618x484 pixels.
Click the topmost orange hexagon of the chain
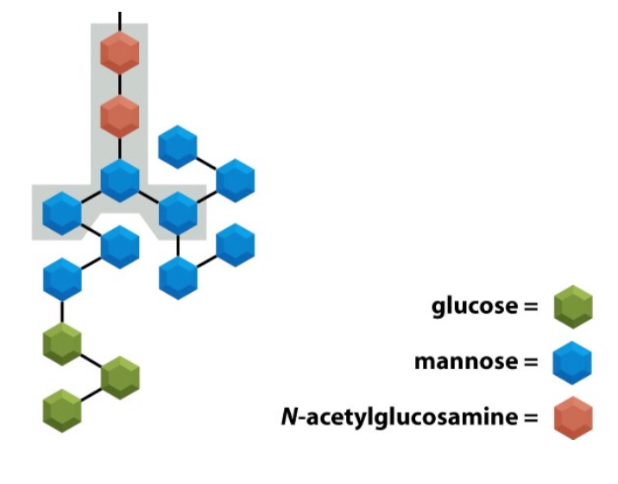click(119, 54)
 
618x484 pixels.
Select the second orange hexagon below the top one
click(119, 114)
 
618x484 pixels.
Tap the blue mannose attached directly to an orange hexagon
click(119, 179)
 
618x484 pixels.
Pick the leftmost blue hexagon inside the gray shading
click(62, 213)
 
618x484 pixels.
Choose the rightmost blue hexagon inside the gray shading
click(179, 211)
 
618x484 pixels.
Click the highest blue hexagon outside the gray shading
click(179, 146)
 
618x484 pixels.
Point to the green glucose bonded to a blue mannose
click(62, 344)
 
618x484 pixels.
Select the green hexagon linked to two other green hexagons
click(119, 377)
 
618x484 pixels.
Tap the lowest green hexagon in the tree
click(62, 410)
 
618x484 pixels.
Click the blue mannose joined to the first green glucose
click(62, 279)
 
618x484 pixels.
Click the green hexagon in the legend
click(572, 307)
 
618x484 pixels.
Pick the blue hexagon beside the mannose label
click(572, 363)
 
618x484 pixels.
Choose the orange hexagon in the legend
click(572, 418)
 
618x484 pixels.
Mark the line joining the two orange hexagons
click(119, 84)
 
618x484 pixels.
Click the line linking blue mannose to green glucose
click(62, 311)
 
